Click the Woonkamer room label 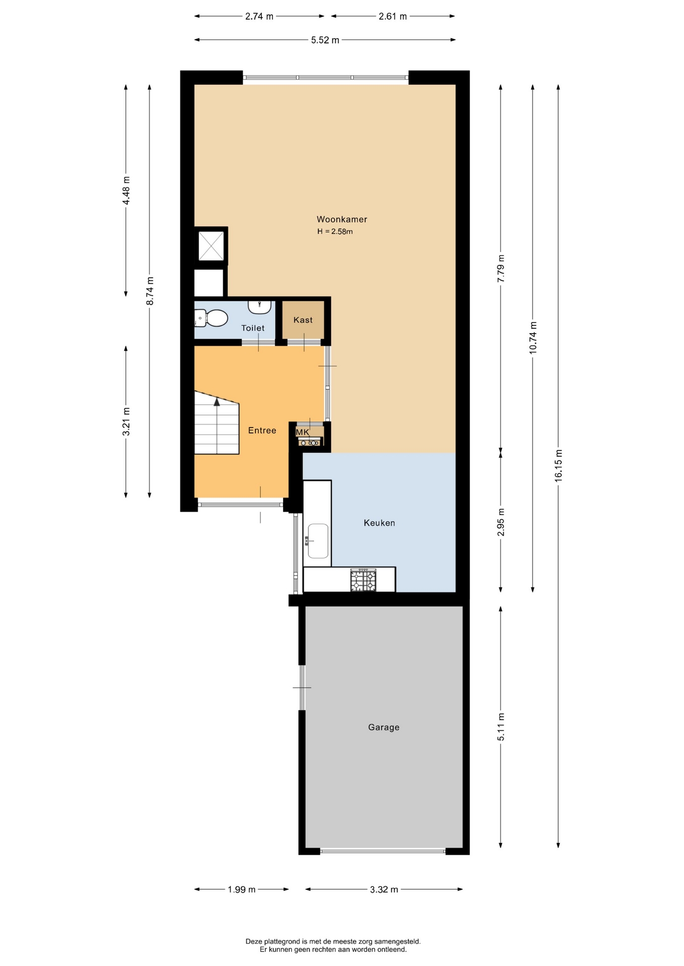click(x=341, y=219)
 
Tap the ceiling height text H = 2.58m click(x=335, y=232)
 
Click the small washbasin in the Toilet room click(x=259, y=306)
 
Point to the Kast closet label click(x=303, y=320)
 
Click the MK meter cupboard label click(x=302, y=432)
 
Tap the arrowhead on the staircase click(x=217, y=401)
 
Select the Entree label click(x=262, y=431)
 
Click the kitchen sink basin click(x=318, y=541)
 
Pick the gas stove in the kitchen click(x=363, y=580)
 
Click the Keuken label click(x=379, y=523)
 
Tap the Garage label click(x=384, y=728)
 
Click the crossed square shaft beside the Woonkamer click(x=211, y=246)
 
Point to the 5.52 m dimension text click(x=325, y=40)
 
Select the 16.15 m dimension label click(x=559, y=466)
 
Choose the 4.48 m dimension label click(x=126, y=191)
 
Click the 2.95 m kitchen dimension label click(x=501, y=522)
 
